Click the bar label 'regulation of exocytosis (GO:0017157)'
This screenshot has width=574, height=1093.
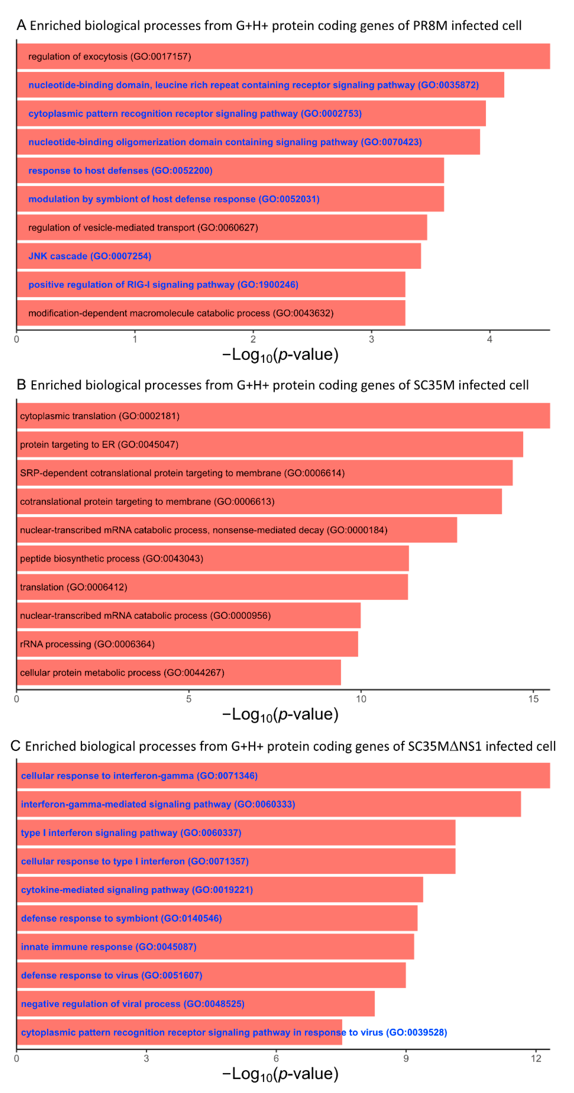point(109,56)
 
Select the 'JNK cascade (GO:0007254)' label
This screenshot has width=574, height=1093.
point(89,256)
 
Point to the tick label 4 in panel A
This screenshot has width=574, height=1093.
point(490,339)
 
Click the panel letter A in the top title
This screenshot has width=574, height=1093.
point(21,25)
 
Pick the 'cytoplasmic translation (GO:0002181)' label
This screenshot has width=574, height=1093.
point(100,416)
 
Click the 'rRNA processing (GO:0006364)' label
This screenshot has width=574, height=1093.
point(87,644)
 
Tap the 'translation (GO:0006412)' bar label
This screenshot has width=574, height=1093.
point(73,587)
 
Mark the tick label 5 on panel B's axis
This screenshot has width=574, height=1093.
point(189,699)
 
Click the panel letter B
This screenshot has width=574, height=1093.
point(21,385)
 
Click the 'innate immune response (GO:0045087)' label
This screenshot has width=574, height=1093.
point(109,947)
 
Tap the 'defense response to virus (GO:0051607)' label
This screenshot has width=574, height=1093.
point(112,975)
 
